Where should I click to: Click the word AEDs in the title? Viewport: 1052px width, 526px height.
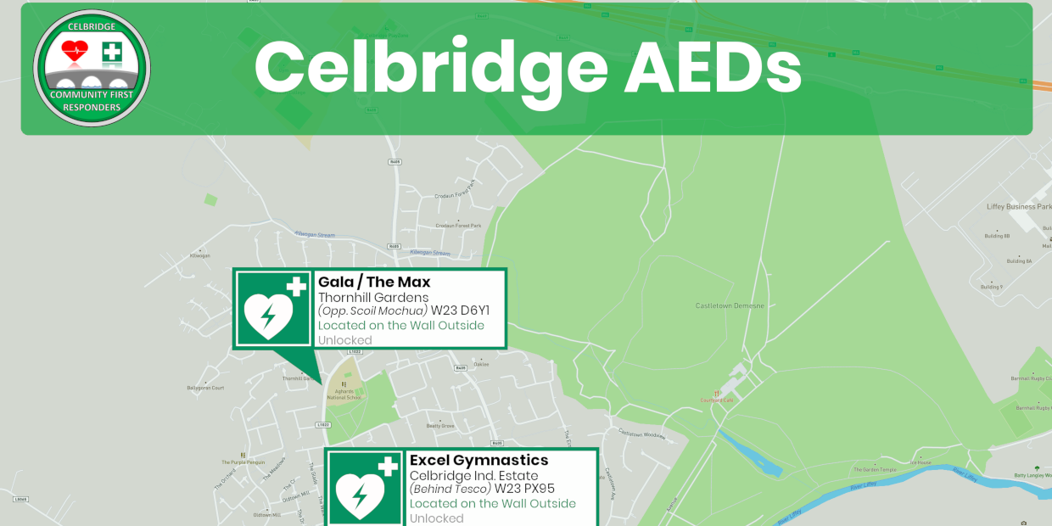[x=713, y=68]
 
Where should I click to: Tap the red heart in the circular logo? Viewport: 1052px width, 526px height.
[x=75, y=51]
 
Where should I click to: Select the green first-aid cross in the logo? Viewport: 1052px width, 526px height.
[x=111, y=53]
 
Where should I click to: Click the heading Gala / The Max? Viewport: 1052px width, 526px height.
[x=374, y=282]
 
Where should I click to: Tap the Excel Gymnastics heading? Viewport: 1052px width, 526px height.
[x=478, y=460]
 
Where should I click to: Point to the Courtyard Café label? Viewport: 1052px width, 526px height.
[x=716, y=400]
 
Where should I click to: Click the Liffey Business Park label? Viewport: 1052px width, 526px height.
[x=1018, y=206]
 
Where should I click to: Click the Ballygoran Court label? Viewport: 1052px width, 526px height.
[x=205, y=388]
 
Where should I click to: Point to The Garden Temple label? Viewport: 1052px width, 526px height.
[x=874, y=469]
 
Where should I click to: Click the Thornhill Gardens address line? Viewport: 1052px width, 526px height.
[x=373, y=297]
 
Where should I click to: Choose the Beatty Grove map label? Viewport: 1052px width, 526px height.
[x=440, y=425]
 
